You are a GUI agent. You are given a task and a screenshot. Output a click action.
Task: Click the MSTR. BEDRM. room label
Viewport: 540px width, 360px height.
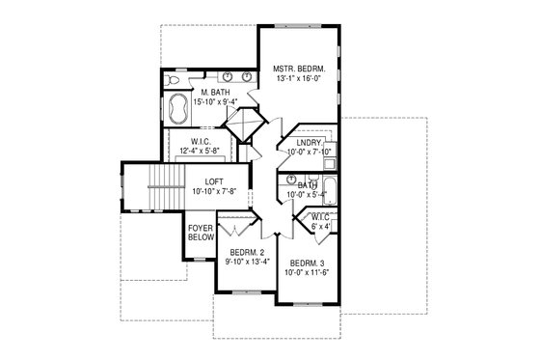click(299, 69)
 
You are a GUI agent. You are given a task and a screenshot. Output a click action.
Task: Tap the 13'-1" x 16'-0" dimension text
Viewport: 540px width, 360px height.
click(299, 80)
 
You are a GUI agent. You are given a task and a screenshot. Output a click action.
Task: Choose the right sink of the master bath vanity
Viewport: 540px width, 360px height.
click(248, 76)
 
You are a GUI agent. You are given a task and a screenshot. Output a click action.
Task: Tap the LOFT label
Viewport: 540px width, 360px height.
click(214, 182)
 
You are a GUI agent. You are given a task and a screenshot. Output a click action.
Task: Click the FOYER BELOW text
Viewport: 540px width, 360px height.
click(199, 234)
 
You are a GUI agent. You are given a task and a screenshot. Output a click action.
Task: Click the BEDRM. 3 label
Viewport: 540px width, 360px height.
click(306, 263)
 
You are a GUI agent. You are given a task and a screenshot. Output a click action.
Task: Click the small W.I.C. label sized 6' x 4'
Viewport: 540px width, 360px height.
click(320, 218)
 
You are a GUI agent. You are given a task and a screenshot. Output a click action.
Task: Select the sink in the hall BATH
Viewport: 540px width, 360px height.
click(290, 180)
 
